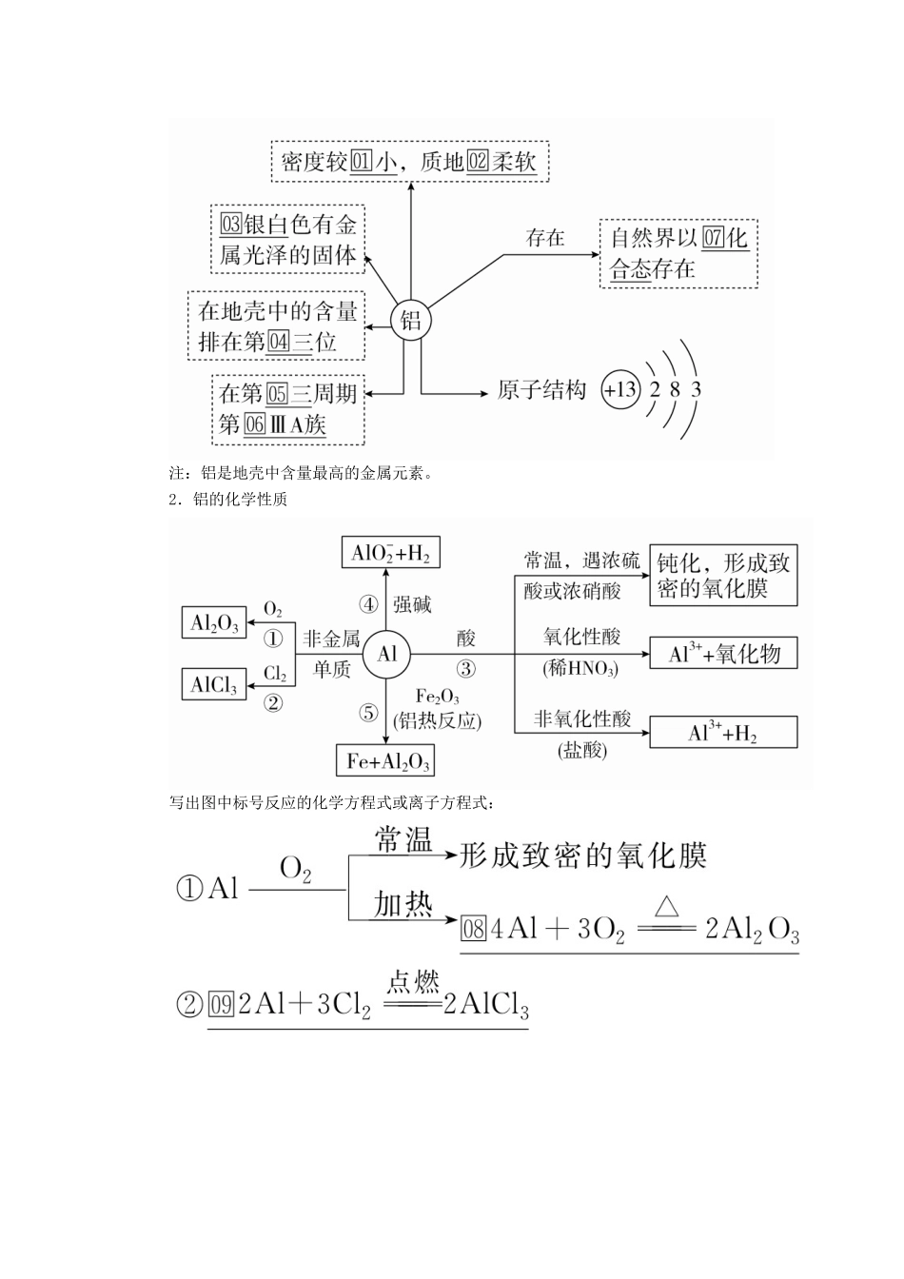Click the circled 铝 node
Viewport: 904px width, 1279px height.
410,321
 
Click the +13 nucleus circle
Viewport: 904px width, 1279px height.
620,390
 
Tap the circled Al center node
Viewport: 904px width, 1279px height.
386,655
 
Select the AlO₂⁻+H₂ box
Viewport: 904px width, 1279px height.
390,552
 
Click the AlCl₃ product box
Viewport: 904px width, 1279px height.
214,683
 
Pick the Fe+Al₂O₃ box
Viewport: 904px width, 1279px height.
385,760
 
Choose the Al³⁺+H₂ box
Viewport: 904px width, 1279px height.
723,732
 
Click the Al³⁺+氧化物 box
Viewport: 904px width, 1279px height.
723,653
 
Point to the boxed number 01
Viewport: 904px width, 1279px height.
361,162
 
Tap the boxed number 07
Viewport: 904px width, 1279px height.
714,237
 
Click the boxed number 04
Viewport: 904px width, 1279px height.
279,342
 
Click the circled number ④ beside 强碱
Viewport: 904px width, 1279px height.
369,604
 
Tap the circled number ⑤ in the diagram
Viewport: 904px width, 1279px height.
369,713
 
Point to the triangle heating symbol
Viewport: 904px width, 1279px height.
666,906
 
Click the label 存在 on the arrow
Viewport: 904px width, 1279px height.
545,238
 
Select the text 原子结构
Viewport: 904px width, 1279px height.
541,390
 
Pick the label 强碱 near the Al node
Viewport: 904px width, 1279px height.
412,604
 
